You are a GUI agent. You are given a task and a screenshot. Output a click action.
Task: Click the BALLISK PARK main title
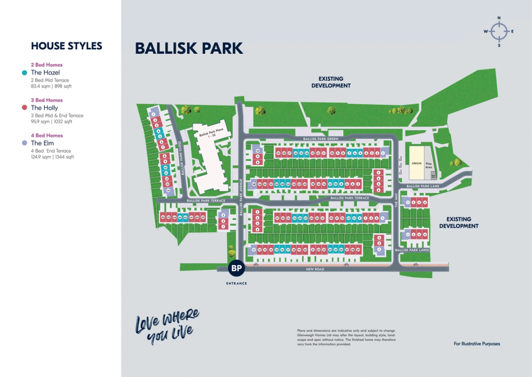pos(189,48)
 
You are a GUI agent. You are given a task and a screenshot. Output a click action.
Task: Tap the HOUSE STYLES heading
pos(66,46)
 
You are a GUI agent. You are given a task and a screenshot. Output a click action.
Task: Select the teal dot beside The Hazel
pos(25,73)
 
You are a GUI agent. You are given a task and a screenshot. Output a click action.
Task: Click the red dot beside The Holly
pos(25,108)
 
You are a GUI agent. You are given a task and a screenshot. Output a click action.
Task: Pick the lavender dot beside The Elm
pos(25,143)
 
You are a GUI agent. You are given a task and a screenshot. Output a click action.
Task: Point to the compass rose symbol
pos(499,32)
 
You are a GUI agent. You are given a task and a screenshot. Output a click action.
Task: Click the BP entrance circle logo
pos(237,268)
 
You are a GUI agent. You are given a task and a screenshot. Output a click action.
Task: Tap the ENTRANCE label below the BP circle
pos(237,283)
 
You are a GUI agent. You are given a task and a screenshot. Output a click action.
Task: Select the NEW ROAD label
pos(315,269)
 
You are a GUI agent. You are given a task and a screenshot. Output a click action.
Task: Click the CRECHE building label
pos(416,163)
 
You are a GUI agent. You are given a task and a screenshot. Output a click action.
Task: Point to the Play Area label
pos(429,165)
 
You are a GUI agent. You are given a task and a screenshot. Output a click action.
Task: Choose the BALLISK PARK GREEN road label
pos(321,139)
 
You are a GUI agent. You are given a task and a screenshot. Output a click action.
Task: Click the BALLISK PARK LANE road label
pos(423,186)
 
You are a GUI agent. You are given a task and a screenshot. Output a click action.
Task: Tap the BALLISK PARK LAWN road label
pos(412,250)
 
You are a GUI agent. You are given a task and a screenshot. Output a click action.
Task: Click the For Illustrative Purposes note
pos(476,343)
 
